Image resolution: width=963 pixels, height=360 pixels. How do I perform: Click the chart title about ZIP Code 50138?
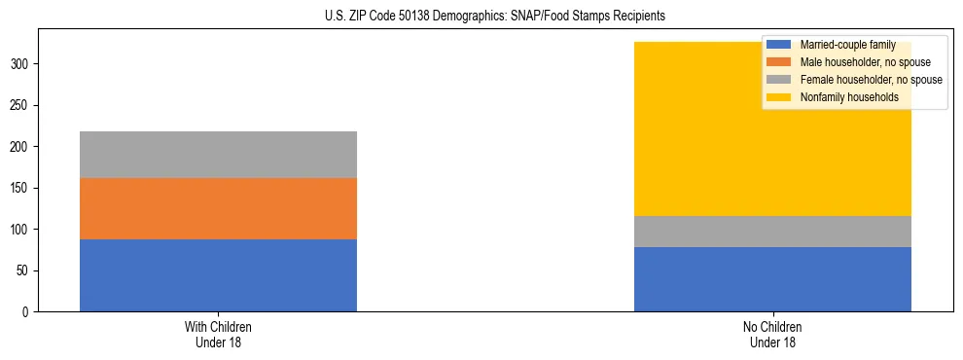[x=495, y=17]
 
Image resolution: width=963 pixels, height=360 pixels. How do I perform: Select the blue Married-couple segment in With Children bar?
[x=218, y=275]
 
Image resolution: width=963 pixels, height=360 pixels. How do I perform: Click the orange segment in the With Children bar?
[x=218, y=208]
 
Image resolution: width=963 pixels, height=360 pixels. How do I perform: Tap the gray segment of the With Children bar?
[x=218, y=155]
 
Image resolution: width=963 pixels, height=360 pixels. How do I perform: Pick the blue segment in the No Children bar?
[x=772, y=279]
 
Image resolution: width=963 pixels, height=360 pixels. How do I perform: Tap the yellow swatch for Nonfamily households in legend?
[x=779, y=97]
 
